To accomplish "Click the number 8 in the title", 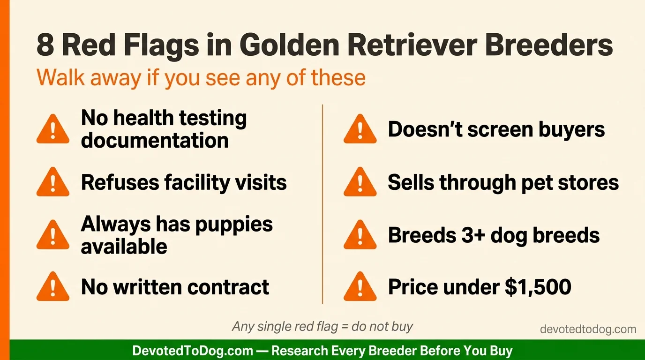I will pyautogui.click(x=45, y=46).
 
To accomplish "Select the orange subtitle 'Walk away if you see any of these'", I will pyautogui.click(x=201, y=77).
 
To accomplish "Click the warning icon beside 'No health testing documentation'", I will pyautogui.click(x=53, y=130).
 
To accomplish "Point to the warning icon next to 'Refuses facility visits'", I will pyautogui.click(x=53, y=183).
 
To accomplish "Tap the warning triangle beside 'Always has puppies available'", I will pyautogui.click(x=53, y=235).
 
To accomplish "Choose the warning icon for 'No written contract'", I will pyautogui.click(x=53, y=287).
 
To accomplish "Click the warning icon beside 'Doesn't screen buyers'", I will pyautogui.click(x=360, y=130).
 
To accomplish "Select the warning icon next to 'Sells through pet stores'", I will pyautogui.click(x=360, y=183).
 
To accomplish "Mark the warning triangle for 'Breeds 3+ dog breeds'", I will pyautogui.click(x=360, y=235).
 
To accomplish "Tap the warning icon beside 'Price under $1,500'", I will pyautogui.click(x=360, y=287).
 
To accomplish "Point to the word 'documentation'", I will pyautogui.click(x=155, y=141).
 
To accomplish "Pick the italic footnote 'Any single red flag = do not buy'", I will pyautogui.click(x=322, y=326).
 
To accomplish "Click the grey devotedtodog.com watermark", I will pyautogui.click(x=588, y=330).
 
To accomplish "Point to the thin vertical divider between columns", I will pyautogui.click(x=322, y=204).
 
